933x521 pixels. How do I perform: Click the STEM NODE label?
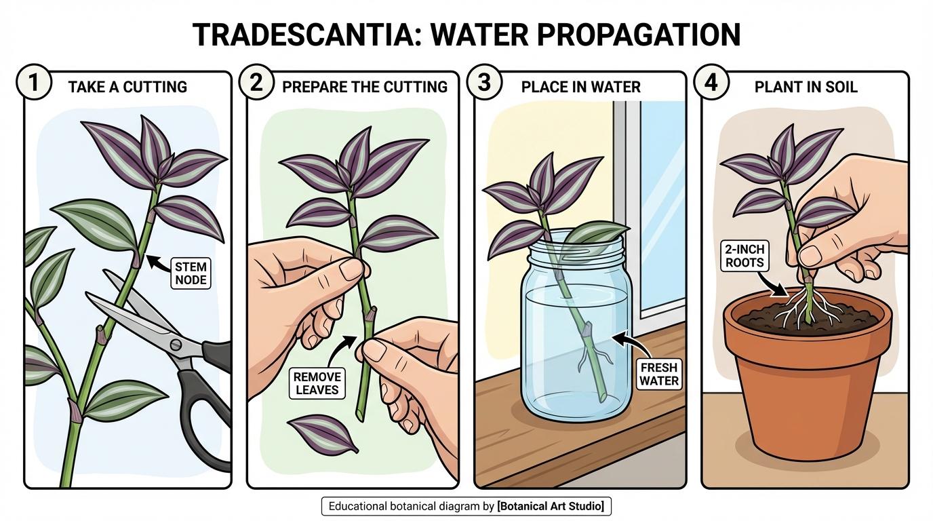[191, 273]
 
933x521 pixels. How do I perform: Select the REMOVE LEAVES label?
[318, 384]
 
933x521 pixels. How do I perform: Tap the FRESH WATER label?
[658, 374]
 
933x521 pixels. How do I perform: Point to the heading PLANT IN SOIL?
[806, 87]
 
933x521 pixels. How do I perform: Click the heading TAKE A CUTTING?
[127, 87]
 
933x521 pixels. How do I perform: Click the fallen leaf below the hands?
[322, 433]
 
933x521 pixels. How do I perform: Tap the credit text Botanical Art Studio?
[553, 506]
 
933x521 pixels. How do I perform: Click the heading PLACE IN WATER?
[580, 87]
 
